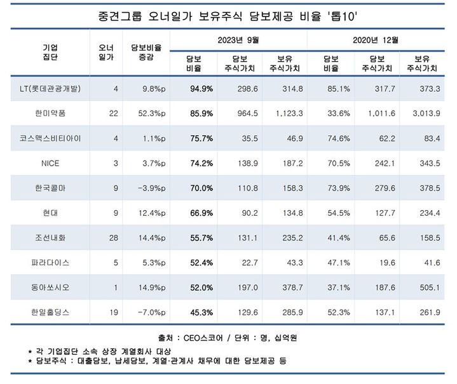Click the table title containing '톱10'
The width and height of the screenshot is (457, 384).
click(x=228, y=15)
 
